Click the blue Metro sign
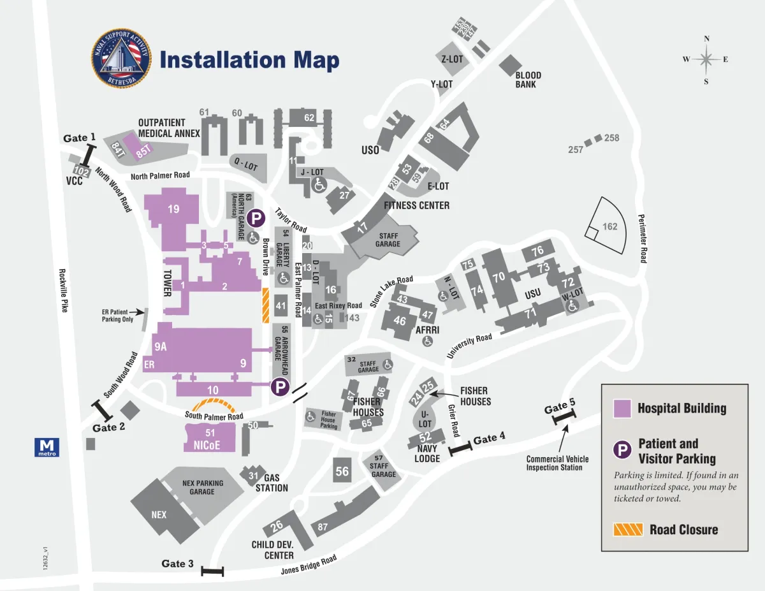tap(47, 447)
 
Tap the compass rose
tap(706, 60)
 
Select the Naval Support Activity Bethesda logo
tap(121, 59)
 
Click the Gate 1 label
tap(79, 138)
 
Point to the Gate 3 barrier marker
tap(212, 571)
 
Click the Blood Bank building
tap(511, 64)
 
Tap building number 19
tap(173, 209)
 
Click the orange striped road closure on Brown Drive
tap(266, 306)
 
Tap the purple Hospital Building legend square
tap(622, 409)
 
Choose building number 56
tap(342, 471)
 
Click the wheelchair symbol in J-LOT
tap(319, 185)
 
